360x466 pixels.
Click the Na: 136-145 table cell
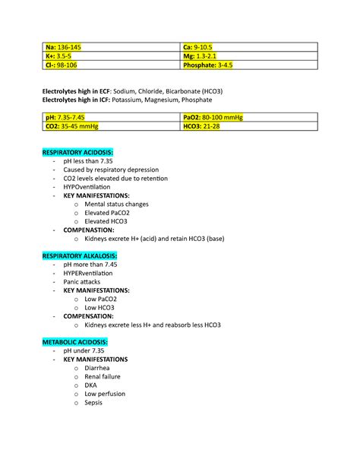click(62, 47)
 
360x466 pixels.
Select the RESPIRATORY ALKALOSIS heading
click(80, 255)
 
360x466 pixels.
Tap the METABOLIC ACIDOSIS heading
click(75, 341)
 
